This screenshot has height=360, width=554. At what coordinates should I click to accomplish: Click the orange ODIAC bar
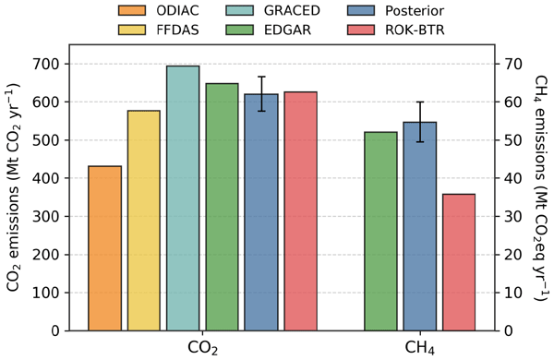tap(105, 248)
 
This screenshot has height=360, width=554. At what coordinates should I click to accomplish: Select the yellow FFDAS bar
tap(144, 221)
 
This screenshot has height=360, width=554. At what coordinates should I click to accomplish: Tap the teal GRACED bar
tap(183, 198)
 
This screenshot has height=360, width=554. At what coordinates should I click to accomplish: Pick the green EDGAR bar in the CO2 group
tap(223, 207)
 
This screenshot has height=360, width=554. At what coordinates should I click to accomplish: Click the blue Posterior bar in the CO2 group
tap(261, 212)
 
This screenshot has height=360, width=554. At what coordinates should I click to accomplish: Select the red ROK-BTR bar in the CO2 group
tap(301, 211)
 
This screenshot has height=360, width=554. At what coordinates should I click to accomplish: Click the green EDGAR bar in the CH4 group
tap(380, 232)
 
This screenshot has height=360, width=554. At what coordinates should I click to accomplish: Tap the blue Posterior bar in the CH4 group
tap(420, 226)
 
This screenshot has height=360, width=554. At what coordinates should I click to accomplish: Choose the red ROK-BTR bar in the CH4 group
tap(459, 262)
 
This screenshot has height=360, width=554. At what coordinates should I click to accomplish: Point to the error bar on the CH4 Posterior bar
tap(420, 122)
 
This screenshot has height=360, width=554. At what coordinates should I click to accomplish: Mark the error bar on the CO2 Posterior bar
tap(261, 93)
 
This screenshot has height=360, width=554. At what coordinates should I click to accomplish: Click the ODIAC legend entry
tap(159, 10)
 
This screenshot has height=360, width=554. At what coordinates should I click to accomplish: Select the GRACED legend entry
tap(272, 10)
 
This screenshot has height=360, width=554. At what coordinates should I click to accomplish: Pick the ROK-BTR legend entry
tap(396, 30)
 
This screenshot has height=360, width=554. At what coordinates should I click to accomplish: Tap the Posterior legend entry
tap(396, 10)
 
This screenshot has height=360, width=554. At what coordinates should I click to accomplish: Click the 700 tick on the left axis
tap(46, 64)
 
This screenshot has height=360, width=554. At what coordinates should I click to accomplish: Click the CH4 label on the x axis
tap(420, 348)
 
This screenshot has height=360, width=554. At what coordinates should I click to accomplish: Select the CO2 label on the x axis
tap(202, 348)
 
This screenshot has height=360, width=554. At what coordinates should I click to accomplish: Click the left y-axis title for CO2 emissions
tap(13, 187)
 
